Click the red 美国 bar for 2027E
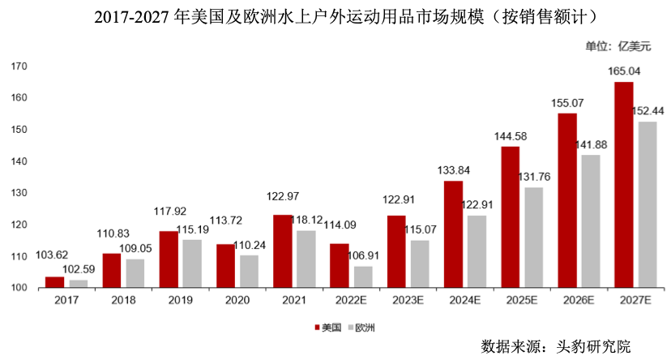point(623,185)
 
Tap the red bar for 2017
point(54,282)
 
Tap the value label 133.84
point(454,170)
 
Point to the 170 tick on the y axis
point(20,66)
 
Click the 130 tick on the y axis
point(20,193)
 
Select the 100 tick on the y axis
point(20,288)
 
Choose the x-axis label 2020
point(237,300)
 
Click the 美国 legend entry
point(327,328)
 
